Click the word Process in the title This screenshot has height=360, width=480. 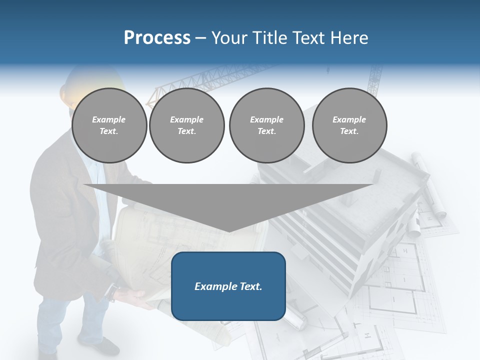coord(157,38)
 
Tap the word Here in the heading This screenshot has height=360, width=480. coord(349,38)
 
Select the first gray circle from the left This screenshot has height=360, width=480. coord(109,125)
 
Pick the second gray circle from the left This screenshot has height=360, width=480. coord(186,125)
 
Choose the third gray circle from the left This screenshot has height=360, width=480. coord(266,125)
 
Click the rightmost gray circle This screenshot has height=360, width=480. coord(349,125)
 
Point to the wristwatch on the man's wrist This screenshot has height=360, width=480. coord(114,293)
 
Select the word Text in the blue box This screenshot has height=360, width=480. coord(249,286)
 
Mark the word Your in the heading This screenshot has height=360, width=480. coord(230,38)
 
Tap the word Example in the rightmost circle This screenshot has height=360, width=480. coord(349,119)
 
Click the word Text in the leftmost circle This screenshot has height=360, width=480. coord(109,131)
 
